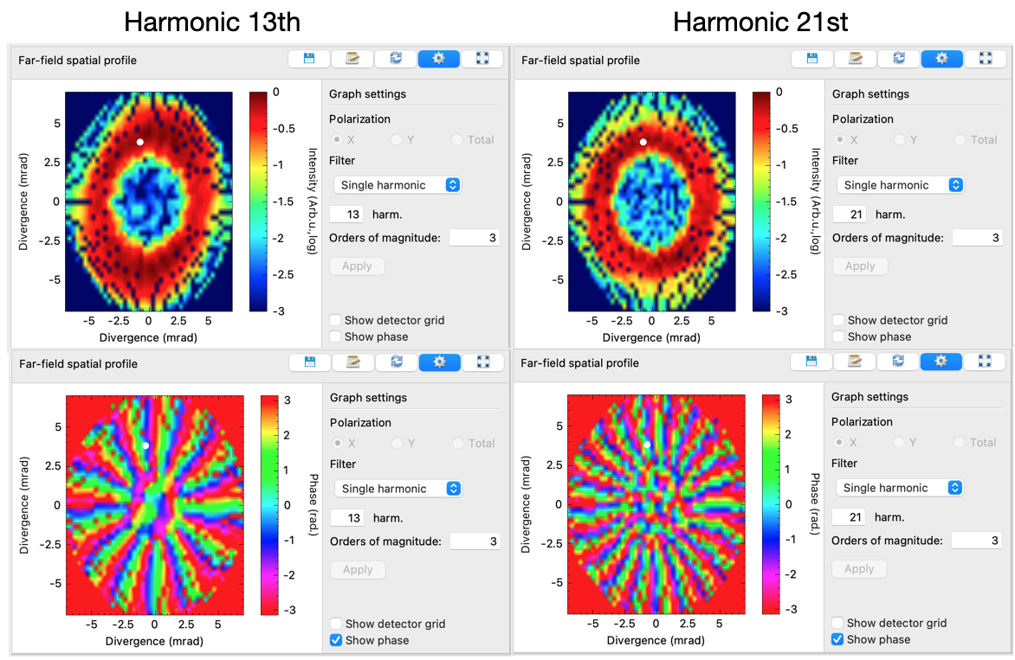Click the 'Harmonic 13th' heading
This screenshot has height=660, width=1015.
[212, 22]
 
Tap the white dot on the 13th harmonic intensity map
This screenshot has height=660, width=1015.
[139, 142]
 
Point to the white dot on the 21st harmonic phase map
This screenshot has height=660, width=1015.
[647, 445]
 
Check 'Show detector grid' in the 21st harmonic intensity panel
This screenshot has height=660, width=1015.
[838, 320]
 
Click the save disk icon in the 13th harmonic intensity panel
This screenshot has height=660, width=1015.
[309, 59]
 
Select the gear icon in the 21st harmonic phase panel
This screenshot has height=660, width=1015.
[941, 362]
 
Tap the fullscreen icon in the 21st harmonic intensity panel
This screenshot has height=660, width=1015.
[986, 59]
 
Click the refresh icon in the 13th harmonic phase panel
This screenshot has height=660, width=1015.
[396, 362]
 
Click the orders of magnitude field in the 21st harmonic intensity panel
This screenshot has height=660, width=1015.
[977, 238]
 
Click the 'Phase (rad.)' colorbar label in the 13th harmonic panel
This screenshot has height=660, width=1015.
[314, 504]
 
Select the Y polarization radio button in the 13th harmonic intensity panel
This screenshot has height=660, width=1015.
[398, 139]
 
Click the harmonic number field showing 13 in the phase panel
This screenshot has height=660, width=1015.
[348, 518]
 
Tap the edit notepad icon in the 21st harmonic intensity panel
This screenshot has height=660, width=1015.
[855, 59]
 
